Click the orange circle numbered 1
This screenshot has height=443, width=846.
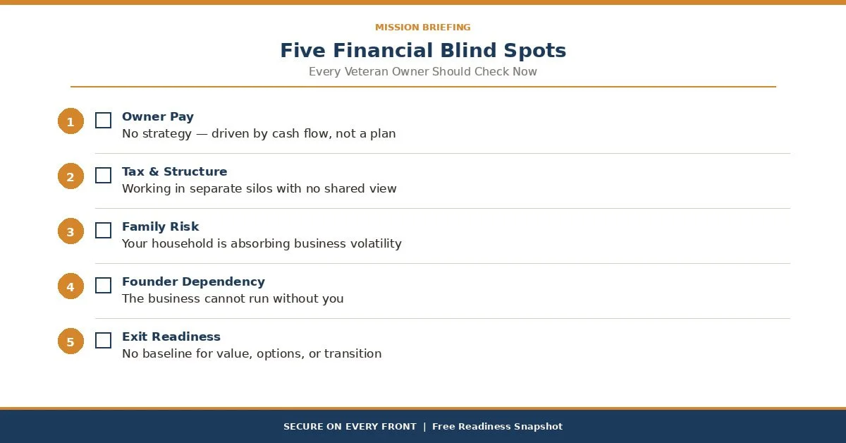70,121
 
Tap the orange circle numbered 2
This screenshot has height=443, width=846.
70,176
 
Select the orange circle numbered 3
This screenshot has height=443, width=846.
70,231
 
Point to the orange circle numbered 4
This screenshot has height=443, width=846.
70,286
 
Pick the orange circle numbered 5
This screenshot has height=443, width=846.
70,341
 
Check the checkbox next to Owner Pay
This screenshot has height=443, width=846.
103,121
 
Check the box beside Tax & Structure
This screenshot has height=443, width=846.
103,176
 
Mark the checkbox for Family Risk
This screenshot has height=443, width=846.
103,231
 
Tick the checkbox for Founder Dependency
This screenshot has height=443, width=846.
103,286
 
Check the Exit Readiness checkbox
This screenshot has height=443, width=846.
103,341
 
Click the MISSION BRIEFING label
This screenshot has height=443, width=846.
423,28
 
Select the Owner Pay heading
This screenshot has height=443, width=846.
158,117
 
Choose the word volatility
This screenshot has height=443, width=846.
375,244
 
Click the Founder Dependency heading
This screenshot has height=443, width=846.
193,282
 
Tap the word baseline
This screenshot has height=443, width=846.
166,354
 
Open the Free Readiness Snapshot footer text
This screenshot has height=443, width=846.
497,427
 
